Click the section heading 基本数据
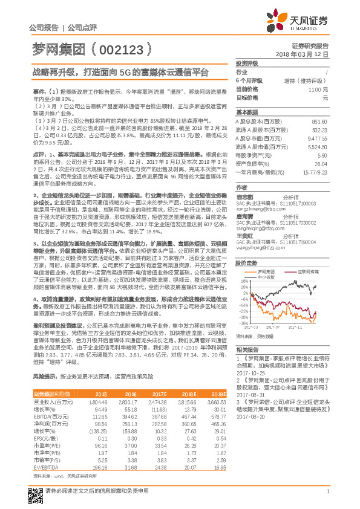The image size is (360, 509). (x=247, y=112)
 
